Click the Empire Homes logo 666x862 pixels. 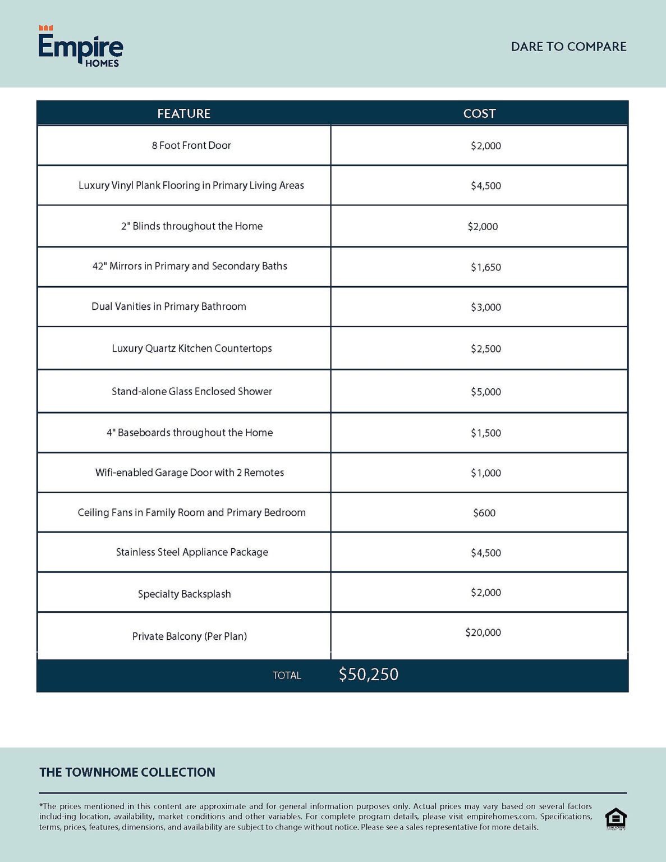click(x=80, y=47)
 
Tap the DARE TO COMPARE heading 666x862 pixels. click(x=568, y=47)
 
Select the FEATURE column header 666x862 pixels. click(x=183, y=113)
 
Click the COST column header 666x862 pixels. click(x=479, y=113)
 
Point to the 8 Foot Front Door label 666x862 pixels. click(x=191, y=145)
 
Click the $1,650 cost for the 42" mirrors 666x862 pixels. click(x=485, y=267)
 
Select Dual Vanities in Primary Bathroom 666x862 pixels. click(x=168, y=306)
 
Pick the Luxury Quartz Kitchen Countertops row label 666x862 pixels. click(x=191, y=349)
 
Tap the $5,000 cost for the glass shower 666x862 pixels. click(x=485, y=392)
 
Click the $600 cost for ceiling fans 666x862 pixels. click(x=484, y=513)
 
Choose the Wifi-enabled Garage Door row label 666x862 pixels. click(x=189, y=473)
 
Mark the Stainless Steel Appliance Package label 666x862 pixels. click(x=192, y=552)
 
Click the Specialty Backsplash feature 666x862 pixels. click(x=184, y=594)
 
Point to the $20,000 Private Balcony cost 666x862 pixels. click(x=483, y=632)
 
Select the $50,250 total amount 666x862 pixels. click(x=368, y=674)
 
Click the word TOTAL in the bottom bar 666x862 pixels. click(x=287, y=676)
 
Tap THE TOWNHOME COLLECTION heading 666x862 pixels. click(x=127, y=772)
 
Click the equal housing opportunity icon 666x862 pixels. click(x=616, y=818)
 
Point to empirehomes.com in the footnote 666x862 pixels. click(x=501, y=817)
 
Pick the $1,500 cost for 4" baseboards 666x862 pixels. click(x=485, y=433)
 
